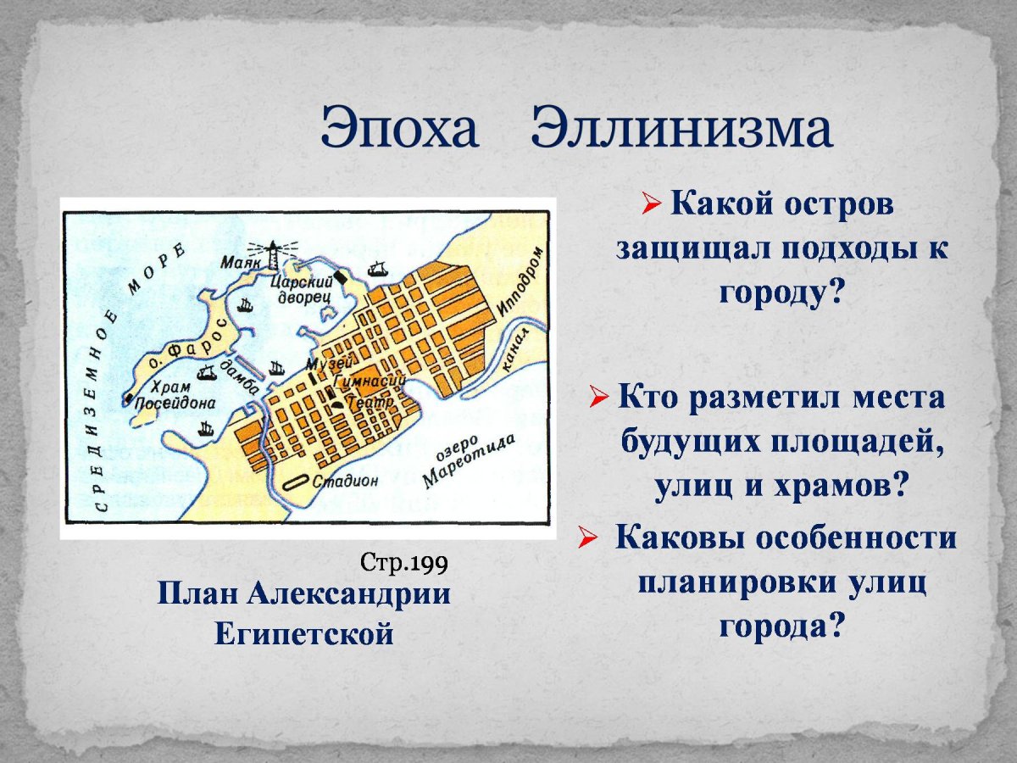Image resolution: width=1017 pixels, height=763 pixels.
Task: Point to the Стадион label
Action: pyautogui.click(x=345, y=482)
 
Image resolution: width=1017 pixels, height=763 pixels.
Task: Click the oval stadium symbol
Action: pyautogui.click(x=296, y=482)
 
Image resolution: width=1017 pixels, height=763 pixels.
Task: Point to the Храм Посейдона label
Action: pyautogui.click(x=175, y=395)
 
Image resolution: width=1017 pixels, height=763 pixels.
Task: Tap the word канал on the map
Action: pyautogui.click(x=514, y=351)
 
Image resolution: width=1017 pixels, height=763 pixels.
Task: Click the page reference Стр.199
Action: pyautogui.click(x=404, y=563)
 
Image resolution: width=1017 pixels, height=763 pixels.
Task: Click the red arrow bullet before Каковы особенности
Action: pyautogui.click(x=586, y=541)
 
